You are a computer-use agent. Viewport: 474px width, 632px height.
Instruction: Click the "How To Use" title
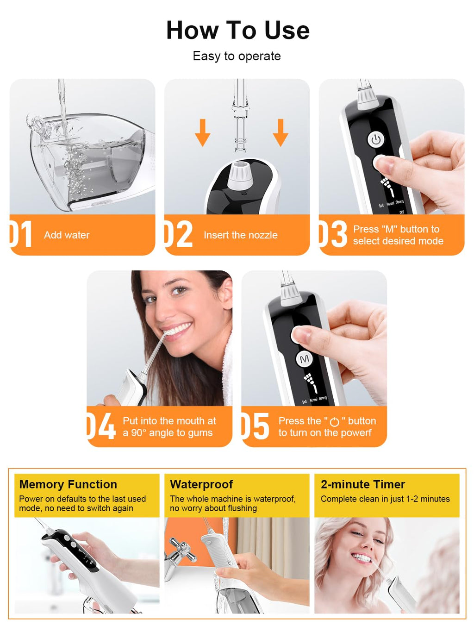tap(238, 30)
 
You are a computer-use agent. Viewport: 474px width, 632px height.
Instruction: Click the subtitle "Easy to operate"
tap(237, 56)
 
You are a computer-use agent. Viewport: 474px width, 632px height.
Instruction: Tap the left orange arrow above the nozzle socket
tap(203, 132)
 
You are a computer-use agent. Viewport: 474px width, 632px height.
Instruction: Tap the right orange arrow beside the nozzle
tap(281, 132)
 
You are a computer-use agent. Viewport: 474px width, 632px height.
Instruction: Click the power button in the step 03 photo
tap(375, 140)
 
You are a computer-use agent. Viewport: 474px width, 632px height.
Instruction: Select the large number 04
tap(101, 426)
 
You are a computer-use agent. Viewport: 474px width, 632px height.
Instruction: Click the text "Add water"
tap(67, 235)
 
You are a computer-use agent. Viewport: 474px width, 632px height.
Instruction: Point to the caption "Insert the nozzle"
tap(241, 235)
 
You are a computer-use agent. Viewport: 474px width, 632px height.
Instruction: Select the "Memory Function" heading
tap(68, 484)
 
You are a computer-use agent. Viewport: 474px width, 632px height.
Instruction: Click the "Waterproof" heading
tap(201, 484)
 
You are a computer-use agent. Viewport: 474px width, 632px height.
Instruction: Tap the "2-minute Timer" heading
tap(363, 484)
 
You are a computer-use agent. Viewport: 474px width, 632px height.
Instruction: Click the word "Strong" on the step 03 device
tap(399, 202)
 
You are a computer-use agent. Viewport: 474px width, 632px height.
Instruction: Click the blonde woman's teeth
tap(362, 558)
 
